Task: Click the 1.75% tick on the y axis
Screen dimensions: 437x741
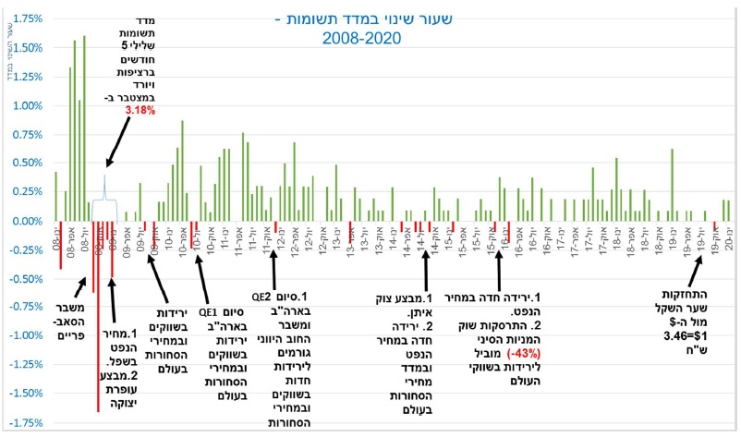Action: [28, 17]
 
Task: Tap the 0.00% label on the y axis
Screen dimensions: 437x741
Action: [28, 222]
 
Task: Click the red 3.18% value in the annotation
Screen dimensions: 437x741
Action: [140, 111]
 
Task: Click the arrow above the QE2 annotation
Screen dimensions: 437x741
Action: [274, 268]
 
